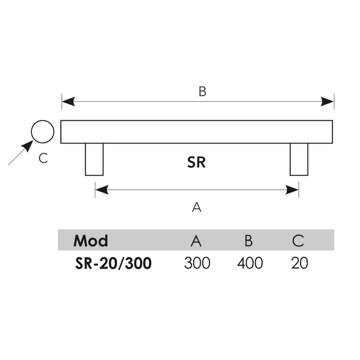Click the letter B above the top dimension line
pos(202,91)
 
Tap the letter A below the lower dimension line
pos(197,207)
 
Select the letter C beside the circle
pos(43,158)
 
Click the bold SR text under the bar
pos(196,162)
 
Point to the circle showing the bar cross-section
pos(42,131)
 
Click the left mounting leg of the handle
pos(94,159)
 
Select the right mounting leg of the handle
pos(299,159)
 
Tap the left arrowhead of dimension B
pos(68,102)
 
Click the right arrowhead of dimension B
pos(327,102)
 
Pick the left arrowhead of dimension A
pos(102,190)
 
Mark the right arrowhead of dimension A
pos(292,190)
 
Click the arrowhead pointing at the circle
pos(27,146)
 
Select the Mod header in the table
pos(91,241)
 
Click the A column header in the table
pos(196,241)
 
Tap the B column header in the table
pos(249,241)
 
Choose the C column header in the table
pos(298,241)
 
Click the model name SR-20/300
pos(113,263)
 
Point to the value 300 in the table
pos(197,263)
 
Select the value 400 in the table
pos(250,263)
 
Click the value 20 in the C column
pos(300,263)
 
